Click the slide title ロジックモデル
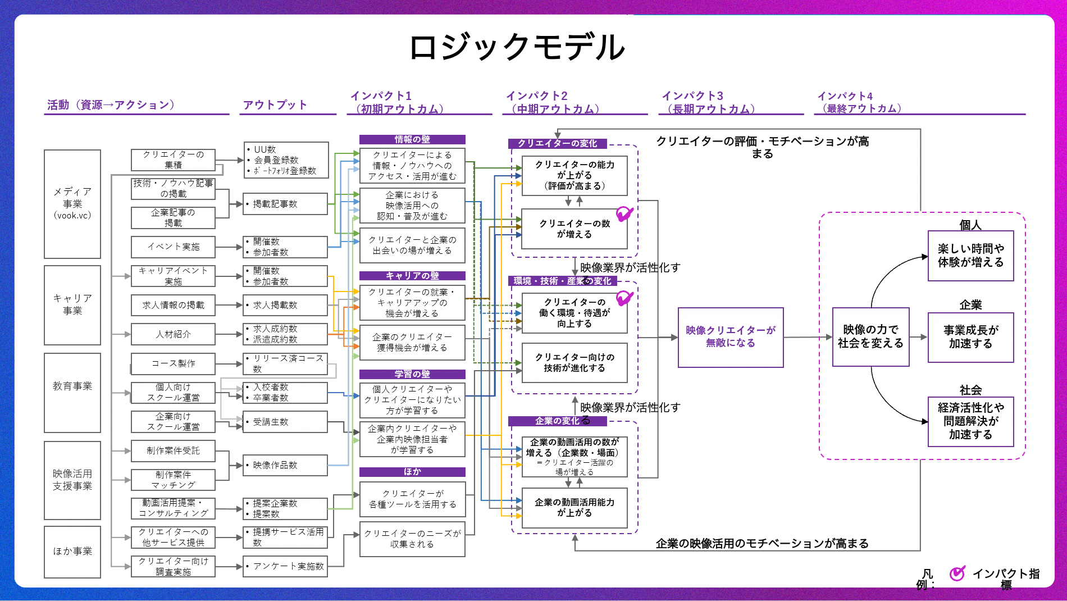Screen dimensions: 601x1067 tap(517, 47)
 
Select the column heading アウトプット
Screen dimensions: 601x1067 tap(275, 105)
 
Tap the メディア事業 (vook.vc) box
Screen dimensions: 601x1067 tap(72, 203)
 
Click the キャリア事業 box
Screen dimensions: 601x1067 tap(72, 304)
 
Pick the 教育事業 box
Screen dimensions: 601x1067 tap(72, 392)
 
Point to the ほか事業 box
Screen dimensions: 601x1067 tap(72, 552)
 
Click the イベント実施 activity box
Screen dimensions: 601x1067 tap(173, 247)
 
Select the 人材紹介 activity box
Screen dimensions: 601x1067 tap(173, 334)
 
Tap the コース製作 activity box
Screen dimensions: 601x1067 tap(173, 363)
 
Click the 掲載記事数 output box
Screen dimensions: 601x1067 tap(285, 204)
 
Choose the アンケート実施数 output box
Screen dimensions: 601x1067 tap(285, 566)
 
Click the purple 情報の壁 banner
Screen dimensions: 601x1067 tap(412, 139)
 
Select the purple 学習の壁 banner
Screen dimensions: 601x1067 tap(412, 374)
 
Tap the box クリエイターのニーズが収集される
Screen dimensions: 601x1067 tap(412, 539)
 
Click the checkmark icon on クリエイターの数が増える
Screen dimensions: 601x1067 tap(624, 214)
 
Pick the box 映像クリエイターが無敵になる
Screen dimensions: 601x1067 tap(730, 337)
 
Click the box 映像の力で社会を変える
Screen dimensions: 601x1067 tap(870, 337)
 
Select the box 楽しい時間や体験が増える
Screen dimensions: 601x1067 tap(970, 256)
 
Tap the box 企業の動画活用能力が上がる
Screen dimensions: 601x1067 tap(574, 508)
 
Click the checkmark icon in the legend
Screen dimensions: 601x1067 tap(957, 573)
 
